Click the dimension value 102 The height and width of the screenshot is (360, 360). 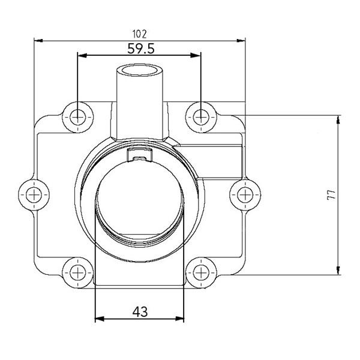coord(140,34)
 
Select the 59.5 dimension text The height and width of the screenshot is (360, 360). coord(140,48)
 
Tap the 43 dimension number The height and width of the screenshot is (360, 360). coord(140,311)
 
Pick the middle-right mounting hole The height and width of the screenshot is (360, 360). coord(245,194)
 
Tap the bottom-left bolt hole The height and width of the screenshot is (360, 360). coord(78,273)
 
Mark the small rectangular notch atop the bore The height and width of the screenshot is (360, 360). coord(139,157)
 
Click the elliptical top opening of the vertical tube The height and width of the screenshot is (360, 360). coord(140,71)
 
